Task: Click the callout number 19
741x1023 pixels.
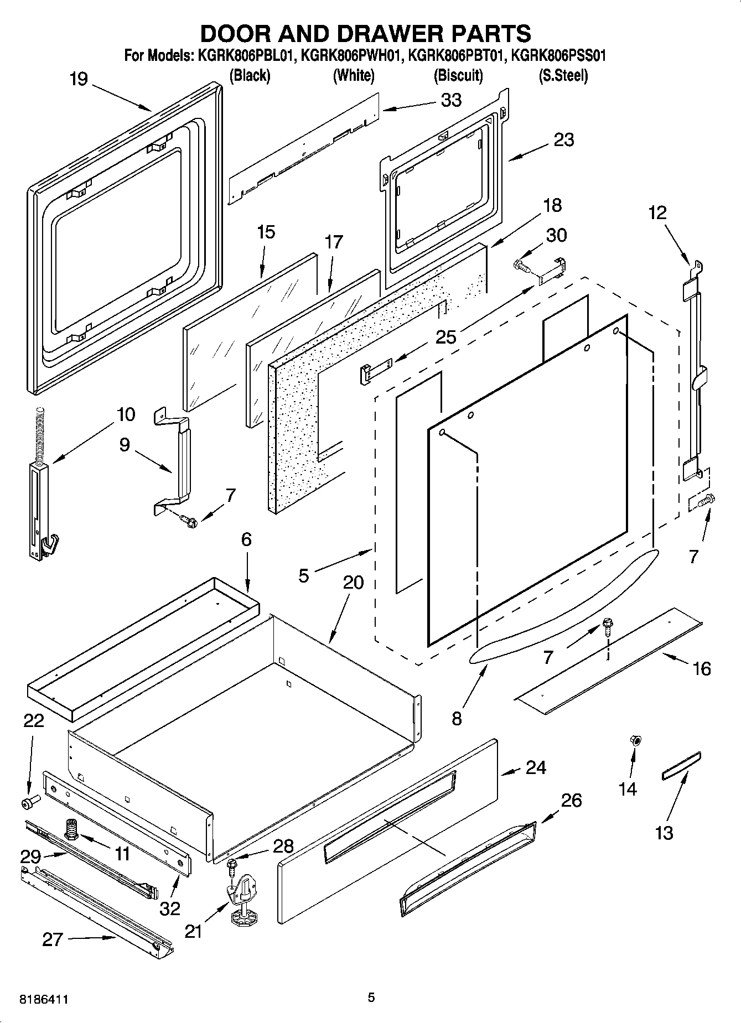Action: pyautogui.click(x=79, y=79)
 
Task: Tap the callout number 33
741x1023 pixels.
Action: pyautogui.click(x=451, y=100)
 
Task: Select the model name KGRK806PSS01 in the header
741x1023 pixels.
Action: pyautogui.click(x=558, y=56)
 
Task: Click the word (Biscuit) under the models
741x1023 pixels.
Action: pyautogui.click(x=458, y=75)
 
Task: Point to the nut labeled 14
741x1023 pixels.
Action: pyautogui.click(x=635, y=740)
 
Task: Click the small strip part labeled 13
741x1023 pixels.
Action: pyautogui.click(x=681, y=765)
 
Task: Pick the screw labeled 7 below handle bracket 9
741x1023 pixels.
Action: pyautogui.click(x=189, y=520)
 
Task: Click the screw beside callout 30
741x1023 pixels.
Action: pyautogui.click(x=521, y=265)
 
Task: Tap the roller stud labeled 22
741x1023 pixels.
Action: pyautogui.click(x=28, y=802)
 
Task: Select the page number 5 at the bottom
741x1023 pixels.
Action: pyautogui.click(x=371, y=997)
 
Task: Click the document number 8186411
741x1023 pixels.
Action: pyautogui.click(x=44, y=1000)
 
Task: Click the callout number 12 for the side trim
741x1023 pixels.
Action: pyautogui.click(x=657, y=212)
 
